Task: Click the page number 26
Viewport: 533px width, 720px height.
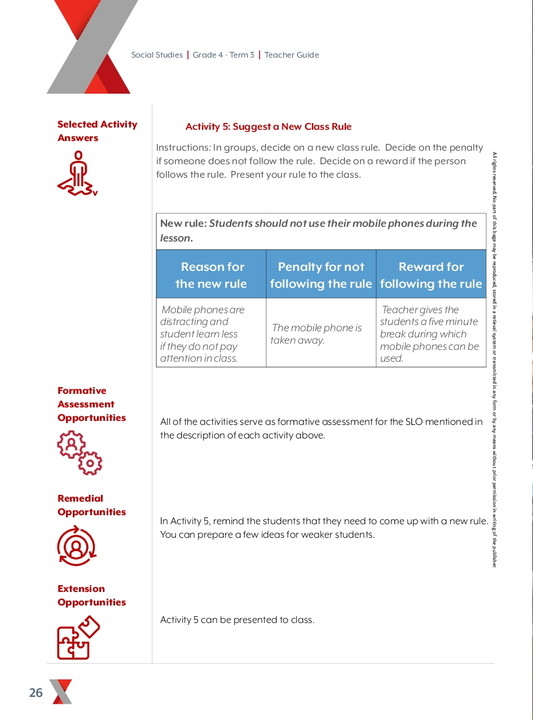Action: [x=36, y=693]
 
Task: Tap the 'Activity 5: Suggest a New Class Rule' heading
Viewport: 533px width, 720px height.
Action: [x=268, y=127]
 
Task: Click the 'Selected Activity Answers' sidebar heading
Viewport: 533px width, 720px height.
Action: [x=97, y=131]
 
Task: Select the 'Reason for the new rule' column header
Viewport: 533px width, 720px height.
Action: [x=212, y=275]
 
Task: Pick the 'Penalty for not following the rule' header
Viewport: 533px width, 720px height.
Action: [x=321, y=275]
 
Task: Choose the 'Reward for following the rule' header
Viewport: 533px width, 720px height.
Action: [x=431, y=275]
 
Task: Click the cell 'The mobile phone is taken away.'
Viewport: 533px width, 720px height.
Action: [x=316, y=334]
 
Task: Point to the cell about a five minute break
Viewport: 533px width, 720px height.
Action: [x=429, y=333]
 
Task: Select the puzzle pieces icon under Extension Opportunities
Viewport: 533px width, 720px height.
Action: [x=78, y=638]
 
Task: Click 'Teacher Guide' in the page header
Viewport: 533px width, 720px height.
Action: [x=292, y=55]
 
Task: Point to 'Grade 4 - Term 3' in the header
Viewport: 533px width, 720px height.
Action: [x=223, y=55]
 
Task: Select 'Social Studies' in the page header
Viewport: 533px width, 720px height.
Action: [x=157, y=55]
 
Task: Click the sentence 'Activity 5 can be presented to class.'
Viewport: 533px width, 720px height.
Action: [x=237, y=620]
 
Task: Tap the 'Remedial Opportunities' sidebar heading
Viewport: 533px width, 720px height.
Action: [x=91, y=505]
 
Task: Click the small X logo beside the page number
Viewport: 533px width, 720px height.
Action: [x=61, y=692]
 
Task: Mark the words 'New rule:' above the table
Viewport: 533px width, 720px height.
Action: [x=183, y=223]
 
